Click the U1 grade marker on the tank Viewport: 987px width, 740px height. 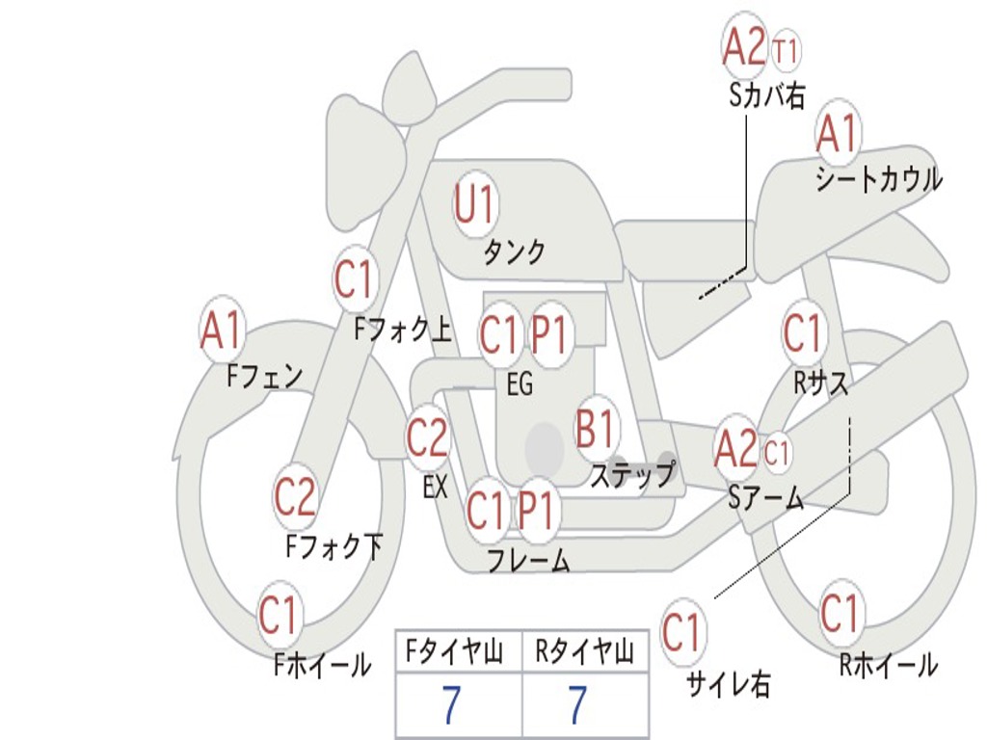pos(474,203)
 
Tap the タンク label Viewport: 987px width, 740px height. pos(514,251)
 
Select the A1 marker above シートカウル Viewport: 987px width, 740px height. pos(838,134)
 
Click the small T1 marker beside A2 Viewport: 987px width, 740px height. pos(786,50)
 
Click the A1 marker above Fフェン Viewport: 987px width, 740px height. pos(223,330)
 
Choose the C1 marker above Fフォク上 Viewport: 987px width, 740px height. pos(354,279)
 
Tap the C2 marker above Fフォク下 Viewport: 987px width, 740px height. pos(295,496)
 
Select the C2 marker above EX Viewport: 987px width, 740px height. pos(427,438)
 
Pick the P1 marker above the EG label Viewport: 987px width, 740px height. pos(549,335)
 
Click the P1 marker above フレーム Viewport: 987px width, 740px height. pos(537,510)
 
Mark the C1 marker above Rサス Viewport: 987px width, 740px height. pos(802,333)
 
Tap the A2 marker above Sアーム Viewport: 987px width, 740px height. pos(736,449)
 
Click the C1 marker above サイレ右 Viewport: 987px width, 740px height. pos(682,633)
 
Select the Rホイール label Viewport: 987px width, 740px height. pos(888,664)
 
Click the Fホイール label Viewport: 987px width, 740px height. pos(322,664)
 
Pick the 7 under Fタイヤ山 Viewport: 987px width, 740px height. pos(451,706)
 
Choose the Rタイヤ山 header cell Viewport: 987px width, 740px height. pos(584,653)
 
